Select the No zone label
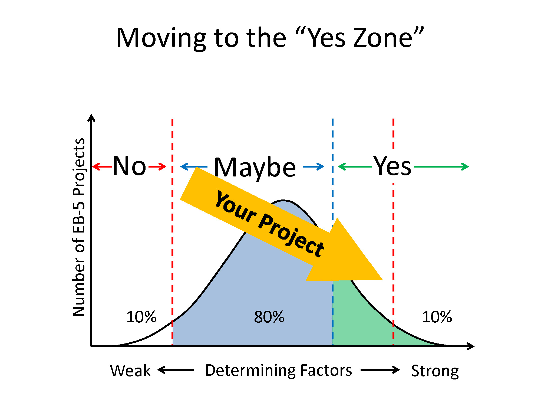(x=129, y=166)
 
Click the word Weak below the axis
(x=130, y=371)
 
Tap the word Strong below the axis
(x=435, y=371)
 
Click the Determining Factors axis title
(x=278, y=371)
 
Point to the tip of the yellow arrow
(x=382, y=279)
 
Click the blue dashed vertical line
(x=332, y=232)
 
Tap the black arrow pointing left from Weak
(x=176, y=370)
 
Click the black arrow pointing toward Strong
(x=380, y=370)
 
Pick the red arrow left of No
(x=102, y=166)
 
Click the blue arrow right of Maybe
(x=314, y=166)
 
